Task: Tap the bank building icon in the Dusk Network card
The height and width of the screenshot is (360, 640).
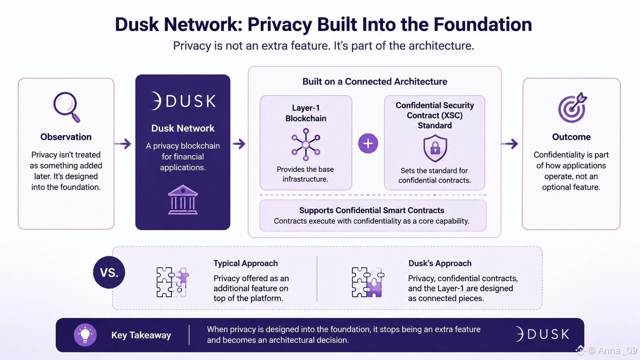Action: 183,200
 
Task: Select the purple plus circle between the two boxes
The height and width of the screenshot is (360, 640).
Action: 368,143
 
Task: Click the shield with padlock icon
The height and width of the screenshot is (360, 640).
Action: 435,148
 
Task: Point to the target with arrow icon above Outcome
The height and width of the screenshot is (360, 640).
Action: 572,108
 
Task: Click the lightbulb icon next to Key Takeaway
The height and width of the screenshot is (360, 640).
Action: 85,335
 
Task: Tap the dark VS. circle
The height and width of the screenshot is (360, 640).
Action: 109,272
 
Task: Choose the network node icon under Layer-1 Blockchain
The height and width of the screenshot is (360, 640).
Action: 306,145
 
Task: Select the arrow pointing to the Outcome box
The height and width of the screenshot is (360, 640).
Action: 510,143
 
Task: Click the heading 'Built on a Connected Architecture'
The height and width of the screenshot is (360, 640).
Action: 375,81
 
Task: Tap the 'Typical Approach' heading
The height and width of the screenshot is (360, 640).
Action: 245,263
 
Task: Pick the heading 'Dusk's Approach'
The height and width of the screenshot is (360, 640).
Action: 440,263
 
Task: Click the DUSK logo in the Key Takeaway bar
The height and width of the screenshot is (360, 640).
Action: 542,334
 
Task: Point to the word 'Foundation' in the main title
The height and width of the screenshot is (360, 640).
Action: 483,24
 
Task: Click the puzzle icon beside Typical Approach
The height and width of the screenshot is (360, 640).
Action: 173,282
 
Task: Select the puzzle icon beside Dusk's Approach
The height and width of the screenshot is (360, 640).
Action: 368,282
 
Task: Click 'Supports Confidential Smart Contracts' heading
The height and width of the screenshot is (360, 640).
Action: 371,210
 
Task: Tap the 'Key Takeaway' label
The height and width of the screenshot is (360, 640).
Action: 141,335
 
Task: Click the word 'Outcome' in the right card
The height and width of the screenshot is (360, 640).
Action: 571,137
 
